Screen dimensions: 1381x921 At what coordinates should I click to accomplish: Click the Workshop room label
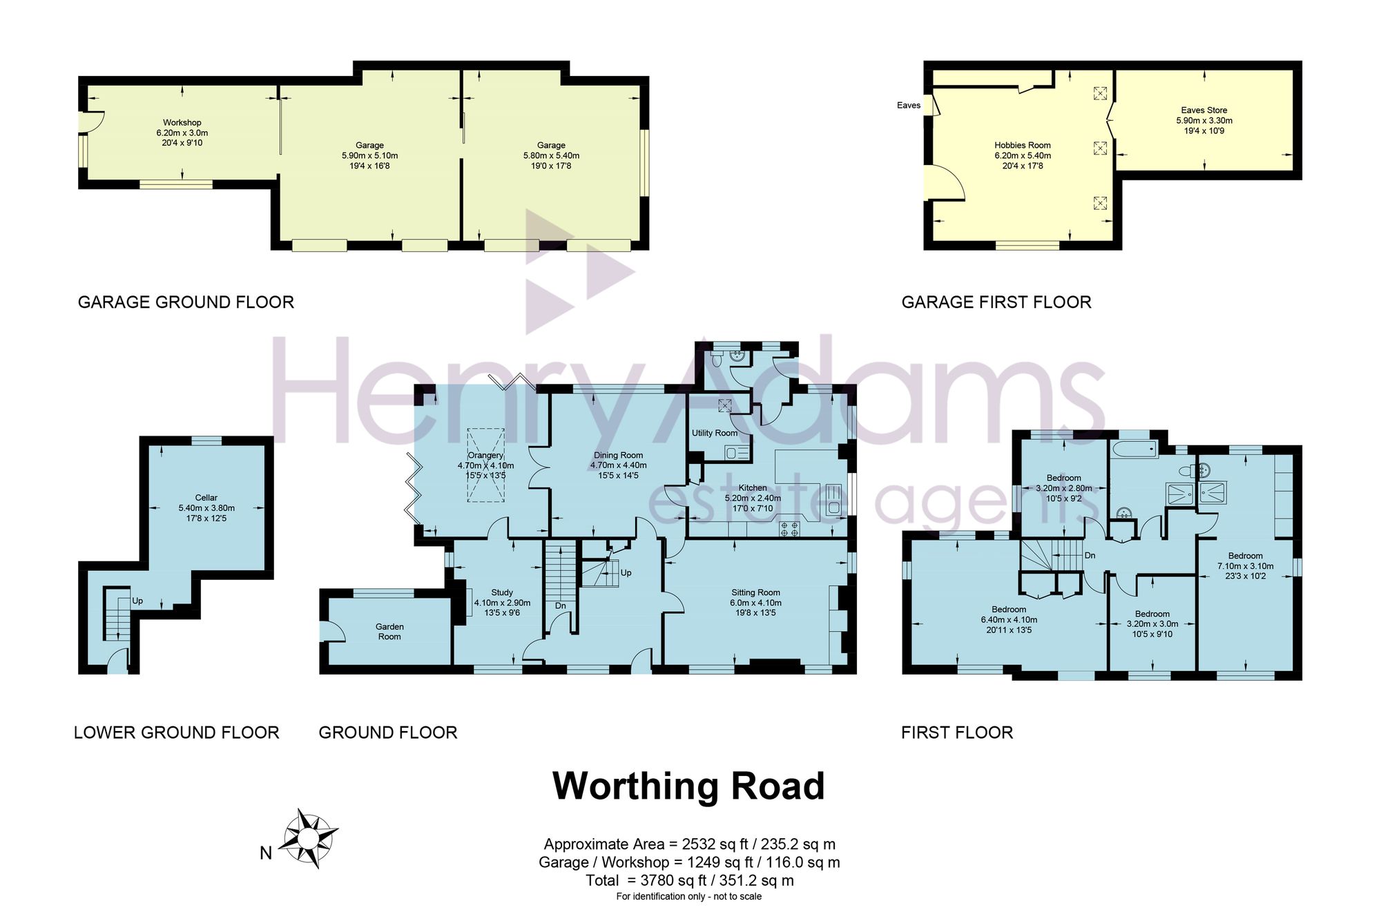tap(182, 123)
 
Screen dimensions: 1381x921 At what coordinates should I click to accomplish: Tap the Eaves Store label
tap(1204, 110)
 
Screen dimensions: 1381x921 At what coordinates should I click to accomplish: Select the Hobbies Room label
tap(1023, 146)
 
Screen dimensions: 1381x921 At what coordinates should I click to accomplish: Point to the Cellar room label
tap(206, 498)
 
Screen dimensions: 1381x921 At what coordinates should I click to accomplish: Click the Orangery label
tap(485, 456)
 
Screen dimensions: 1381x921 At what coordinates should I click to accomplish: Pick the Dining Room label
tap(618, 456)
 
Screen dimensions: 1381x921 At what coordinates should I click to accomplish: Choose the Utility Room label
tap(715, 433)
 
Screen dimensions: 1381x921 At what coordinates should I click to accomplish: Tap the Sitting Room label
tap(756, 592)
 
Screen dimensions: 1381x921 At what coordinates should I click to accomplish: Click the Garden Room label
tap(389, 632)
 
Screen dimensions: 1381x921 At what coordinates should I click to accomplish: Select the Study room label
tap(502, 593)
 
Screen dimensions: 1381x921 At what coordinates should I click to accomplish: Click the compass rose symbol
tap(309, 838)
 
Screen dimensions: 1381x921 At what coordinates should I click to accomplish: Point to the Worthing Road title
tap(689, 786)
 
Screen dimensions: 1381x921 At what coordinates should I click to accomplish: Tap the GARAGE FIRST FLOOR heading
tap(996, 302)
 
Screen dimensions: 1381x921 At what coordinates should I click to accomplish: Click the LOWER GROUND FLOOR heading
tap(177, 733)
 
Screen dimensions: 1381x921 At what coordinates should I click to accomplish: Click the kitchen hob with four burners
tap(789, 530)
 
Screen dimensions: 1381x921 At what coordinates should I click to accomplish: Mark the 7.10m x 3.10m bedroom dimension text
tap(1246, 566)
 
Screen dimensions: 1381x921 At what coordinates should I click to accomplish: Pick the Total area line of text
tap(690, 881)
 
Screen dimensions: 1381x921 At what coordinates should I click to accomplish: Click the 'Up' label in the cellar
tap(137, 601)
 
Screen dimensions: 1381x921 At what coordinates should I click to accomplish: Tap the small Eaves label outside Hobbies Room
tap(909, 106)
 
